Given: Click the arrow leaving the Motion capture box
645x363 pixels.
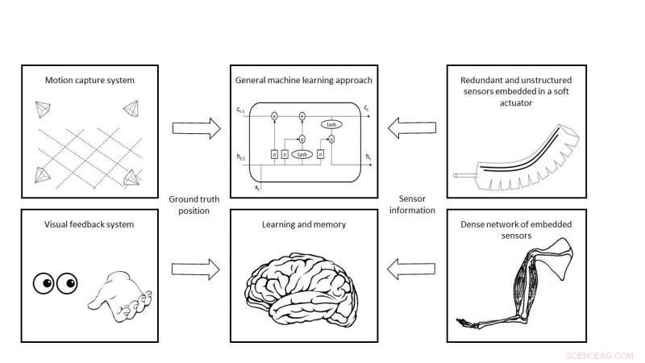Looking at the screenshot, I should (196, 127).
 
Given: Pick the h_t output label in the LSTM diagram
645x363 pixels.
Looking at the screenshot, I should (368, 155).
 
